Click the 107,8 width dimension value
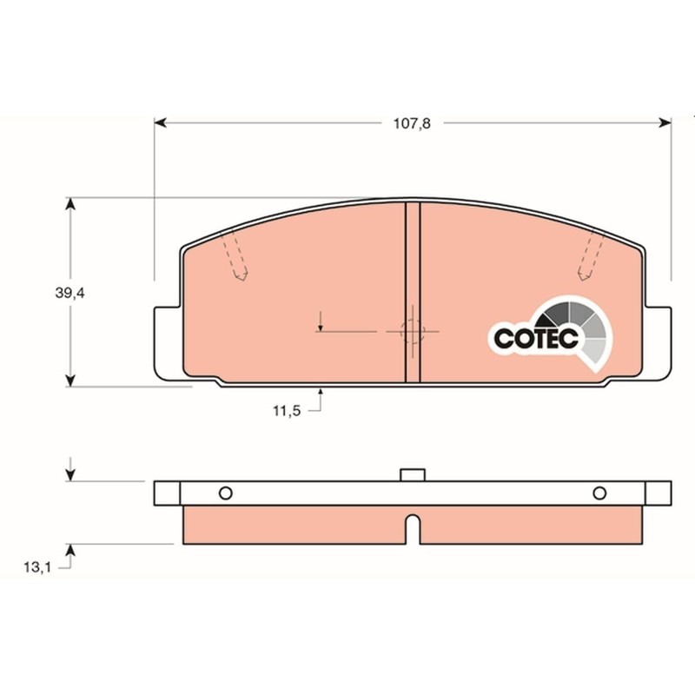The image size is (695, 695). coord(412,123)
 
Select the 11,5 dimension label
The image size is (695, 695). coord(286,411)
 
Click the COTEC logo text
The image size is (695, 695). coord(536,339)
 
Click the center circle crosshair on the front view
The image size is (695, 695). coord(413,331)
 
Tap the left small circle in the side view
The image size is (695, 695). coord(225,493)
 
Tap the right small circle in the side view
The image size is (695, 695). coord(599,493)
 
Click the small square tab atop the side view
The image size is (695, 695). coord(413,474)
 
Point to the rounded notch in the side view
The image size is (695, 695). coord(414,528)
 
